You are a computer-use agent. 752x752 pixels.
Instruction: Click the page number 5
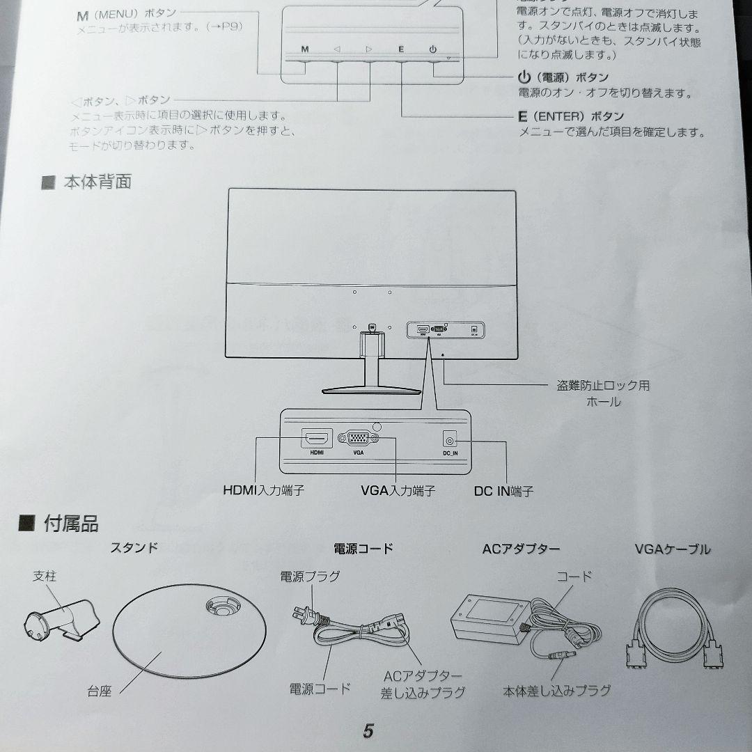(368, 731)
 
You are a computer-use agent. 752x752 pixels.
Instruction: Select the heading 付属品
(70, 524)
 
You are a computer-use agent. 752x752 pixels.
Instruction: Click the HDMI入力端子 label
(263, 491)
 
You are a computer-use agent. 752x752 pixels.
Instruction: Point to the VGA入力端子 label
(398, 491)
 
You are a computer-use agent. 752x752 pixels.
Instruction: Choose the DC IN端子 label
(503, 491)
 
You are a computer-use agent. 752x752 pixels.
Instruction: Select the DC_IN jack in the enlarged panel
(450, 440)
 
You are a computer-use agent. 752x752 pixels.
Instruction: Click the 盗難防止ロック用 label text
(603, 386)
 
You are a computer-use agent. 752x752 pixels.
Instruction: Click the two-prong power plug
(304, 614)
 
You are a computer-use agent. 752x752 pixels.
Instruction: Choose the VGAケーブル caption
(673, 549)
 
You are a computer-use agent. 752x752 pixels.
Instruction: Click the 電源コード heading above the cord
(363, 549)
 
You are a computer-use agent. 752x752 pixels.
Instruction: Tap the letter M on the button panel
(305, 49)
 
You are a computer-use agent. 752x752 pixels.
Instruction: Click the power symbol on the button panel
(433, 49)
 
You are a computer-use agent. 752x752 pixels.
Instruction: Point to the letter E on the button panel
(401, 49)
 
